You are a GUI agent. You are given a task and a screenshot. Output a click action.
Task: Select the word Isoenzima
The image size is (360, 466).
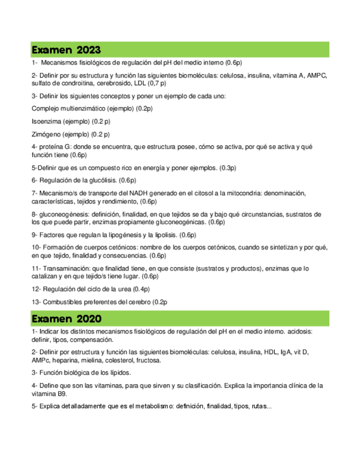click(46, 121)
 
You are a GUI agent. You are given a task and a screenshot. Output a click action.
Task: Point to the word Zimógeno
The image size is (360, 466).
click(46, 134)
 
